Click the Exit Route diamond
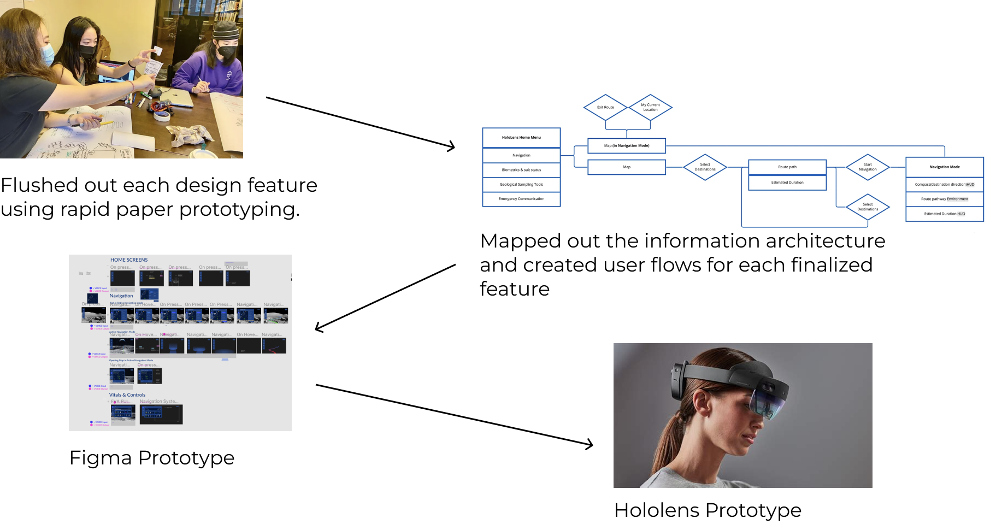pos(605,107)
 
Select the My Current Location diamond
pos(650,107)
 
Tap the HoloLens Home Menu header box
pos(521,138)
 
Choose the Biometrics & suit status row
pos(521,170)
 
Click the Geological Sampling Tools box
pos(521,185)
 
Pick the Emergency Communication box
pos(521,199)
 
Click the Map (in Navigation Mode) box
pos(627,146)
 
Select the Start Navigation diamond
pos(868,167)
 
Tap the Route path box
pos(787,167)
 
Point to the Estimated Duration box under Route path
pos(787,182)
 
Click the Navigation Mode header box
pos(945,167)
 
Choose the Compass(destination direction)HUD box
pos(945,185)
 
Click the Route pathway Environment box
pos(945,199)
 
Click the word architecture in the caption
pos(820,240)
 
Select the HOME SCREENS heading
pos(129,260)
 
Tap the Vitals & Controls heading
pos(127,395)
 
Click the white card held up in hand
pos(158,50)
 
